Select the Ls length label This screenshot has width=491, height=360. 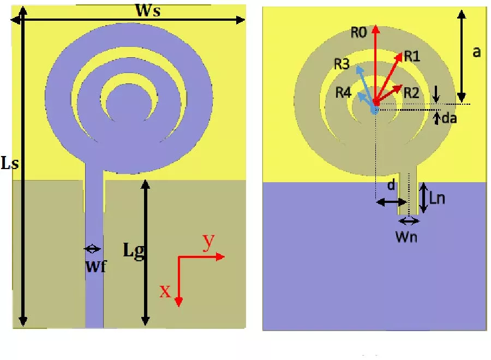pos(9,164)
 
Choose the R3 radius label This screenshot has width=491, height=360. pos(342,65)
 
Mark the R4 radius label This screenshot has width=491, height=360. pos(343,92)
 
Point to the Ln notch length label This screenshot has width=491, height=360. pos(438,199)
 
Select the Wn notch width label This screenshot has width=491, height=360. pos(409,238)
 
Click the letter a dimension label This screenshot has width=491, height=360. pos(476,52)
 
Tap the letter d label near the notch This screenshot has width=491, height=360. pos(391,185)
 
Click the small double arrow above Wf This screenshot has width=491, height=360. pos(92,249)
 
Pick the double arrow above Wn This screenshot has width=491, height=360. pos(409,221)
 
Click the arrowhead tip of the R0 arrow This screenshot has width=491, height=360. pos(375,28)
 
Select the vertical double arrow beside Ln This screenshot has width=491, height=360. pos(423,198)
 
